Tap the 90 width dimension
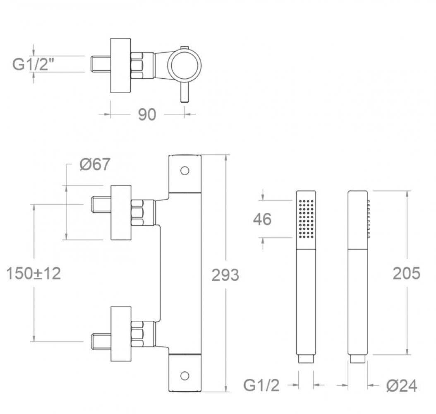coord(147,114)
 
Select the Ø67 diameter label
coord(95,164)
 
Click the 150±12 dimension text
coord(33,273)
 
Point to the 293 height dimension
coord(225,275)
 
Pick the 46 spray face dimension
coord(262,219)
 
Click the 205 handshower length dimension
coord(406,273)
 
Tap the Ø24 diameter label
coord(402,386)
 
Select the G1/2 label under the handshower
coord(261,386)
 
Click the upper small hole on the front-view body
coord(184,170)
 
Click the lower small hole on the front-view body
coord(184,375)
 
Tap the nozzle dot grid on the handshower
coord(306,219)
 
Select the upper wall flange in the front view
coord(121,212)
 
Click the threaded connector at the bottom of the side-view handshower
coord(358,359)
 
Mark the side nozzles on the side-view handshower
coord(368,219)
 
